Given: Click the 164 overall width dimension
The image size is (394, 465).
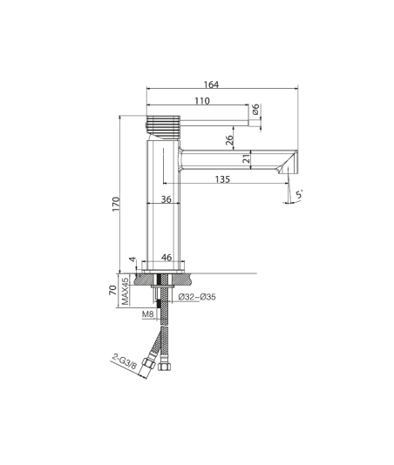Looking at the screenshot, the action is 211,84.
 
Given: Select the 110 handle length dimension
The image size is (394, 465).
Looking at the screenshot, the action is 202,101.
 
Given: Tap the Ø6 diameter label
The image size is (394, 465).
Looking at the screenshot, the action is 255,109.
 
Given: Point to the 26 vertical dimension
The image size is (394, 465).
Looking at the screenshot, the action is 229,140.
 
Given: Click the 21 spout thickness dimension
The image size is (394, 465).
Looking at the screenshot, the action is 247,159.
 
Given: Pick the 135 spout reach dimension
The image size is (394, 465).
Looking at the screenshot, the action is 222,179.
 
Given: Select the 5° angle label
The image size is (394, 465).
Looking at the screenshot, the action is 300,194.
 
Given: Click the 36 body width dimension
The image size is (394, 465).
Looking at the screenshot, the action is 166,199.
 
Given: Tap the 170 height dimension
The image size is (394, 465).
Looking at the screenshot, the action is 116,204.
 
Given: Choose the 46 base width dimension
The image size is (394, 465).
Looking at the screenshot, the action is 166,257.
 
